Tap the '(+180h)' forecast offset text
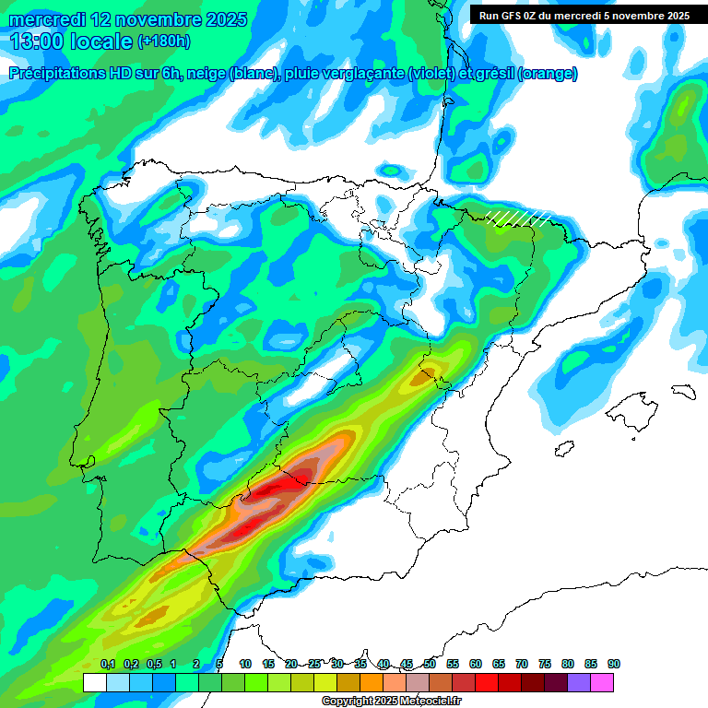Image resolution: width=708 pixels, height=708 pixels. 163,41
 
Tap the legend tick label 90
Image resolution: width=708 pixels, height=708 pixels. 613,664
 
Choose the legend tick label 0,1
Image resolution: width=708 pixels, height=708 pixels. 107,664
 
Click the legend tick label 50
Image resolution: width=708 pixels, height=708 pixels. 430,664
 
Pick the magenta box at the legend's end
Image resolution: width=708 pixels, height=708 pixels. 602,682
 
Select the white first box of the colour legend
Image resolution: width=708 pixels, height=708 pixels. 94,682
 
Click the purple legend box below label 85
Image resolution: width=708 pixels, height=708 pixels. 579,682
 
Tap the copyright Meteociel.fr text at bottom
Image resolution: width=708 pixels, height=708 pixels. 391,702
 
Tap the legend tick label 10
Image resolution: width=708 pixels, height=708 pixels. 245,664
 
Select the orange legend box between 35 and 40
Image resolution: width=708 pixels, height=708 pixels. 372,682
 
